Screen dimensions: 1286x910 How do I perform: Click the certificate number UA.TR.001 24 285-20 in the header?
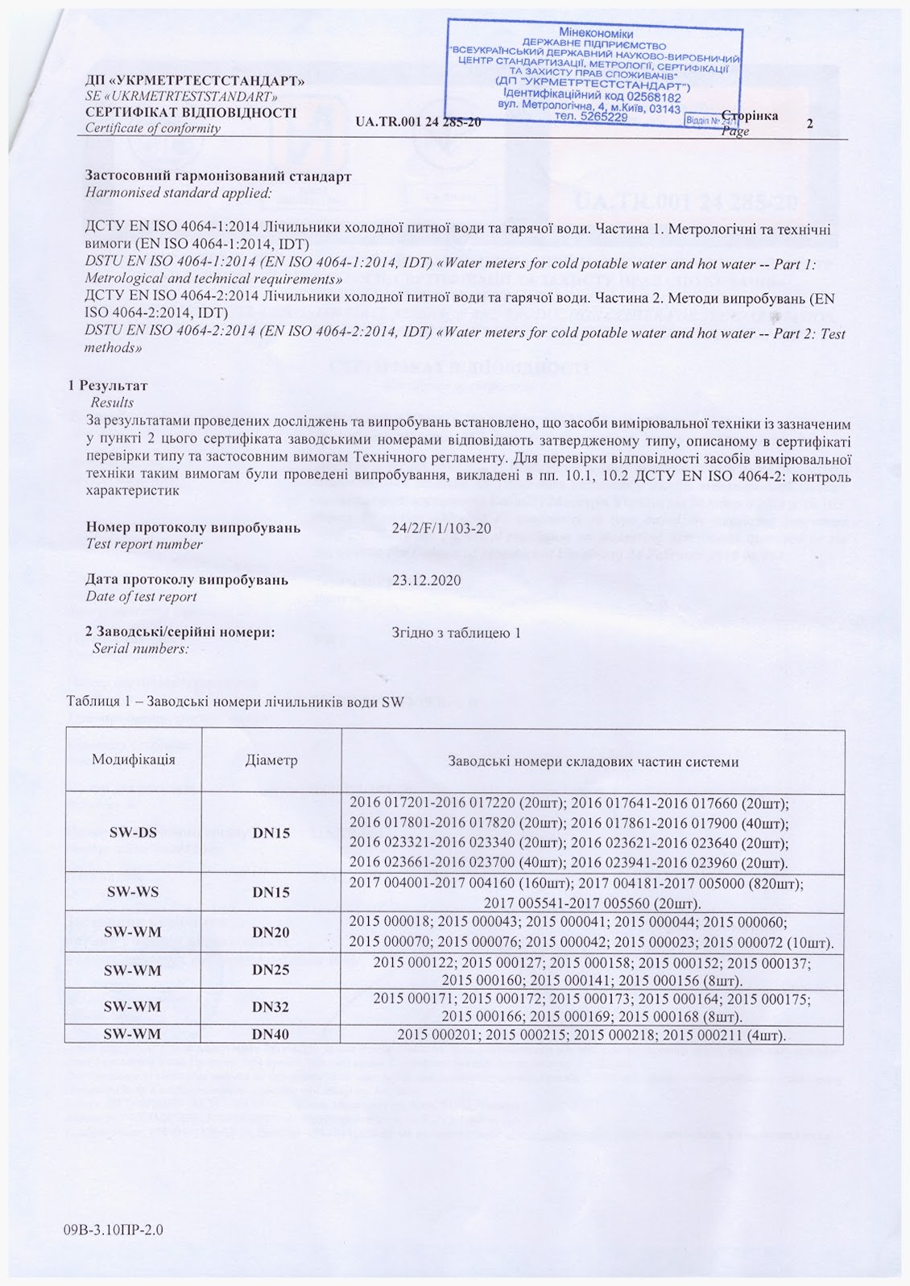click(418, 122)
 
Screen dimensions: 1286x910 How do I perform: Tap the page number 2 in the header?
click(809, 123)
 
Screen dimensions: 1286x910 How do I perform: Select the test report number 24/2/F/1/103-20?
click(441, 528)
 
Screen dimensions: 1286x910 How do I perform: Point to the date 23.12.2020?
click(426, 580)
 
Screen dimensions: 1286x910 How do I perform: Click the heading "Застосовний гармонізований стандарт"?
click(218, 176)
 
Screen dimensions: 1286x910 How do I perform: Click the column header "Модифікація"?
click(133, 759)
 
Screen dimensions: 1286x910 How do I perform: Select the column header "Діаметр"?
click(271, 760)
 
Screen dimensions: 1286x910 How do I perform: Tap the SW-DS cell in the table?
click(133, 833)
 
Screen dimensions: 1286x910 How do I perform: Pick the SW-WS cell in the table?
click(133, 892)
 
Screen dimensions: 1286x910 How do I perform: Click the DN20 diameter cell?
click(271, 932)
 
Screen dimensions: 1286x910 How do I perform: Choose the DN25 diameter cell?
click(271, 970)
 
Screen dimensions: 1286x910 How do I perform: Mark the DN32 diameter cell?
click(271, 1007)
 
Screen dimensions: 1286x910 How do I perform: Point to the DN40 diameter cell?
click(271, 1034)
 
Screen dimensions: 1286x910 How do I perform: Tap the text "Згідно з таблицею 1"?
click(456, 632)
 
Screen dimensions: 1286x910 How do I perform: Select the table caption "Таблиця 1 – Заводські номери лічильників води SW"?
click(235, 701)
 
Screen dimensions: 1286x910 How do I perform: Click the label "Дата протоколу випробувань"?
click(187, 580)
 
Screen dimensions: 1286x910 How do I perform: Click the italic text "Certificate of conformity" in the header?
click(153, 128)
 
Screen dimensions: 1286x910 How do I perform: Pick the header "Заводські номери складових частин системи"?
click(593, 761)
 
